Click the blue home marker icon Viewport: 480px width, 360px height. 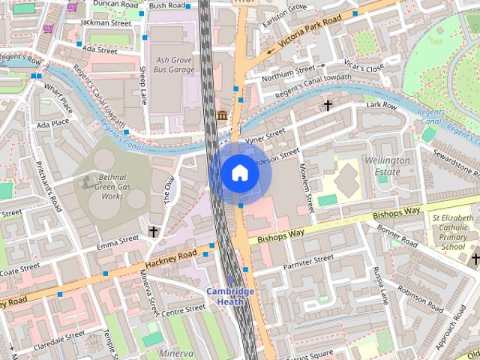tap(239, 173)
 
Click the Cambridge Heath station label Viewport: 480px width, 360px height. tap(231, 296)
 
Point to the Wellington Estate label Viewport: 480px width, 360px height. tap(387, 166)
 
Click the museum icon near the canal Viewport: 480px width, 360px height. tap(223, 115)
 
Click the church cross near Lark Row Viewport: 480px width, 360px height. tap(328, 106)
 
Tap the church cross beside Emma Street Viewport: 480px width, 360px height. tap(154, 232)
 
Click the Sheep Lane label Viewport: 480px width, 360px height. tap(142, 85)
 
